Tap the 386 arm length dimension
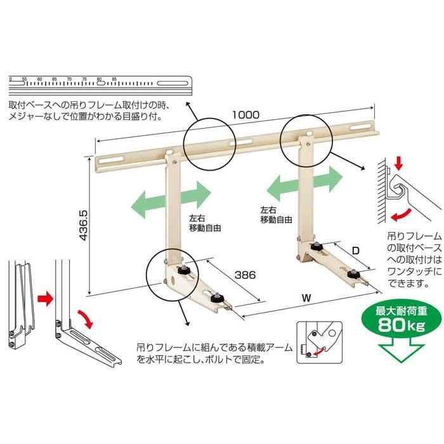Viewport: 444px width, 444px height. coord(245,275)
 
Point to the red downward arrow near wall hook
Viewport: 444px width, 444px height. coord(398,162)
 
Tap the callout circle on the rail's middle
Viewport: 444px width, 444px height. coord(210,141)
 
